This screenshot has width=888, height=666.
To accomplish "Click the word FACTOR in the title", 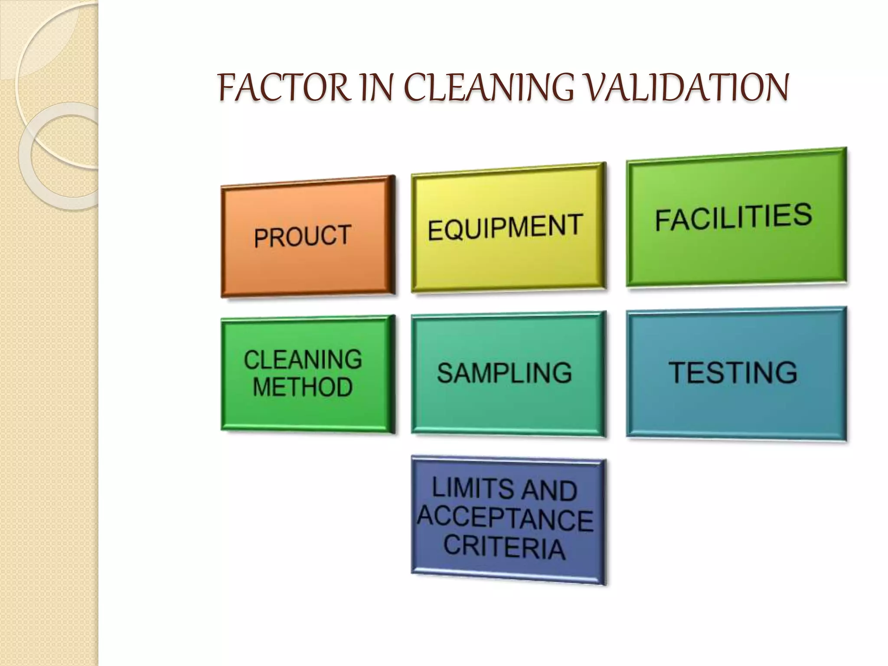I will tap(284, 88).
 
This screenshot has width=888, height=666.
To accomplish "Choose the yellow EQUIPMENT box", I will tap(508, 227).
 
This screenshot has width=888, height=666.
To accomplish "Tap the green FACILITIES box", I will tap(736, 217).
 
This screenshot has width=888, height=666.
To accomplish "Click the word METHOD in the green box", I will tap(303, 387).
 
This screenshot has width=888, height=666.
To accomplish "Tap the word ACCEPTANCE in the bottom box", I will tap(506, 519).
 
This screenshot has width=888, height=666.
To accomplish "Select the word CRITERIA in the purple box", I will tap(505, 547).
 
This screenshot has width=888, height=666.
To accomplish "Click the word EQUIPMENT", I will tap(505, 227).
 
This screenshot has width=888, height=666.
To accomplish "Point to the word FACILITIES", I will tap(733, 217).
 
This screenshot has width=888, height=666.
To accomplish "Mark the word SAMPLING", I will tap(505, 373).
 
